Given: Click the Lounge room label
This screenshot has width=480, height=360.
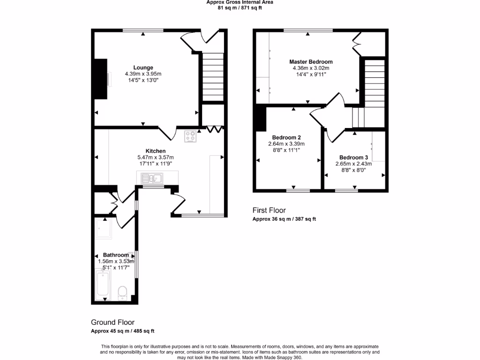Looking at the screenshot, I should (x=143, y=67).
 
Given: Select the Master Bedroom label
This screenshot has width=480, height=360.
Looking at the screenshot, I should (x=311, y=62).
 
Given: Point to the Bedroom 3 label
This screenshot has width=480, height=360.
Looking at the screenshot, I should (x=354, y=157).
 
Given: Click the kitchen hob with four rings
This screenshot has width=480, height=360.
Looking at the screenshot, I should (x=191, y=137).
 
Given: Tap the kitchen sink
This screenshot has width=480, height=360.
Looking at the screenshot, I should (x=151, y=178).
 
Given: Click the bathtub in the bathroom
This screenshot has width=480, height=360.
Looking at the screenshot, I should (x=102, y=285).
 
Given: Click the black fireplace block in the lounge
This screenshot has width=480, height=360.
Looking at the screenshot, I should (x=100, y=79).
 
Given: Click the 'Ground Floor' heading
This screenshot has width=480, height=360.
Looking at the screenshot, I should (x=112, y=322).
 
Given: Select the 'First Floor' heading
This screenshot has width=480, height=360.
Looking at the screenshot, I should (x=269, y=210).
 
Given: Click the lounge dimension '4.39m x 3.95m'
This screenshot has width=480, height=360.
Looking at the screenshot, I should (x=143, y=74).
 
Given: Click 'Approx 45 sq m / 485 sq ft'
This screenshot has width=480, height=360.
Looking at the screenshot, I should (x=122, y=331).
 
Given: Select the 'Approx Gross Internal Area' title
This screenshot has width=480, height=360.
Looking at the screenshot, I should (x=240, y=2).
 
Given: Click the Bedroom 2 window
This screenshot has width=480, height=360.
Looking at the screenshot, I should (x=298, y=190).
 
